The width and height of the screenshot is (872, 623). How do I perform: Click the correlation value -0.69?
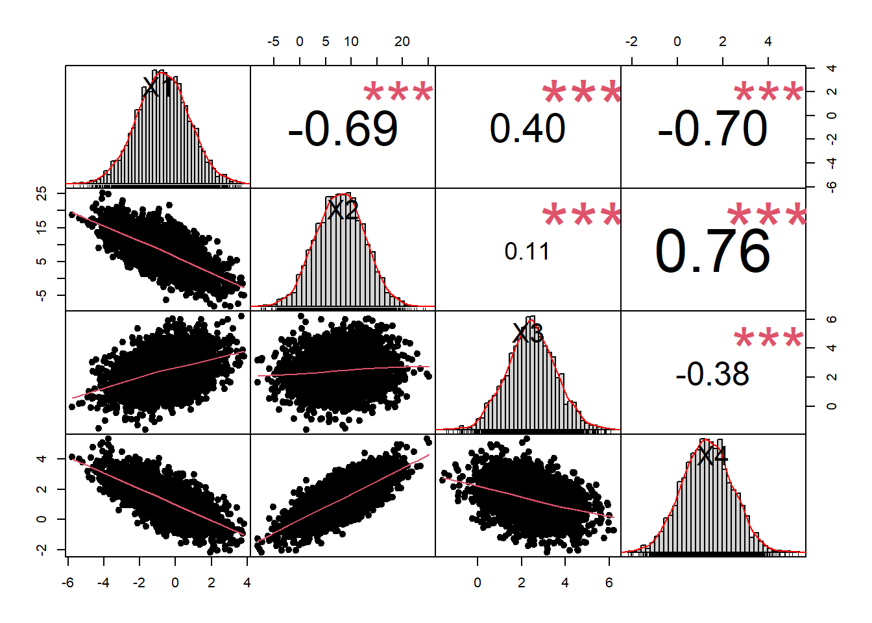coord(343,128)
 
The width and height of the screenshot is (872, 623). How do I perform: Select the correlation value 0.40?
coord(527,128)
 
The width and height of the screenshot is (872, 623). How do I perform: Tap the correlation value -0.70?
coord(712,128)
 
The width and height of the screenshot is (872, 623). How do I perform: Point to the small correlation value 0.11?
coord(527,251)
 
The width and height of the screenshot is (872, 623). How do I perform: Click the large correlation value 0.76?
coord(712,251)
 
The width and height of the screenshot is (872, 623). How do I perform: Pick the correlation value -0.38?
coord(712,374)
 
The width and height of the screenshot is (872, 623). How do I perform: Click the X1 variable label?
coord(158,87)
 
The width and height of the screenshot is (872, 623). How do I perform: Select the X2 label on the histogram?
coord(343,210)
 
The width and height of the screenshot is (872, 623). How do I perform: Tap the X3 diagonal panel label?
coord(527,333)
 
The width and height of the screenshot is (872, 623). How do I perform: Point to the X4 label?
coord(712,456)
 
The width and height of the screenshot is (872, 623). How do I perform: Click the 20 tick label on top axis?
coord(402,42)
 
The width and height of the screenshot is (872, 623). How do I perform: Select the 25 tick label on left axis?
coord(42,193)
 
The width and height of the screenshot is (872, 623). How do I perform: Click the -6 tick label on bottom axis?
coord(67,583)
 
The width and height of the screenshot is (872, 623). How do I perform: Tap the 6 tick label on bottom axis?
coord(609,583)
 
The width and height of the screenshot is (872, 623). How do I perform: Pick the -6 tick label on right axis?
coord(832,187)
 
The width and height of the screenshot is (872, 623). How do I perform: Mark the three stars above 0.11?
coord(582,216)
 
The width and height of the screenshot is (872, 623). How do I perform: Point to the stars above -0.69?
coord(398,93)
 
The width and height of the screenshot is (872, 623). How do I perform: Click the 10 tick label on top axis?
coord(351,42)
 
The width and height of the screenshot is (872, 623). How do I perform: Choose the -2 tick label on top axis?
coord(631,42)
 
